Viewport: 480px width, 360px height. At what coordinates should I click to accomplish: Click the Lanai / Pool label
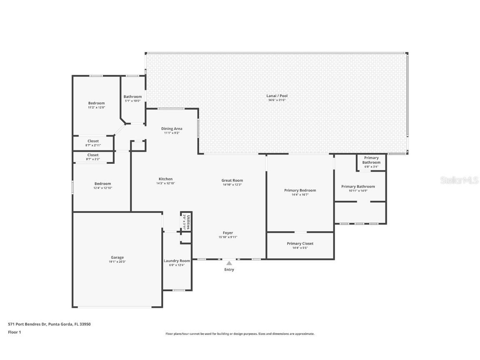pyautogui.click(x=277, y=96)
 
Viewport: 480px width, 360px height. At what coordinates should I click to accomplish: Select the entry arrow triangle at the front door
pyautogui.click(x=229, y=263)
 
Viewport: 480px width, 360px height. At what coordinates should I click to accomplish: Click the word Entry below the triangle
pyautogui.click(x=229, y=270)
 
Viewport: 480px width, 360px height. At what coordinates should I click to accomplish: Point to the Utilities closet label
pyautogui.click(x=188, y=222)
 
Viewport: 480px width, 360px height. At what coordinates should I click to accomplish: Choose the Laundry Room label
pyautogui.click(x=177, y=261)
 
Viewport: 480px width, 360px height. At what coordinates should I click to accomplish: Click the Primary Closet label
pyautogui.click(x=300, y=244)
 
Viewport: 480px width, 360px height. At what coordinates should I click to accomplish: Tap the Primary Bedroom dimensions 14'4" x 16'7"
pyautogui.click(x=300, y=195)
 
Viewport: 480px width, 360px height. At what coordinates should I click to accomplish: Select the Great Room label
pyautogui.click(x=232, y=180)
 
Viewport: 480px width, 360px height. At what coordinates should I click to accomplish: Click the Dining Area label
pyautogui.click(x=172, y=129)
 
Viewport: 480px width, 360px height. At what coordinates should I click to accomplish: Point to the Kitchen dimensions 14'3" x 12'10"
pyautogui.click(x=165, y=183)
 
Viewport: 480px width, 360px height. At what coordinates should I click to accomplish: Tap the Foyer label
pyautogui.click(x=228, y=233)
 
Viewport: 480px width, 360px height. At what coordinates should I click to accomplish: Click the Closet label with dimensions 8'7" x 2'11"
pyautogui.click(x=93, y=141)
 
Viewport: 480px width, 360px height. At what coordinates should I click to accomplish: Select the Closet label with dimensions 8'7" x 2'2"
pyautogui.click(x=93, y=155)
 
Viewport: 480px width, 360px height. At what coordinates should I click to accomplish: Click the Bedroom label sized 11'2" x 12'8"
pyautogui.click(x=96, y=103)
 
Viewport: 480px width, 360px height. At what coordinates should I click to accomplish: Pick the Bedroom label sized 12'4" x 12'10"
pyautogui.click(x=102, y=184)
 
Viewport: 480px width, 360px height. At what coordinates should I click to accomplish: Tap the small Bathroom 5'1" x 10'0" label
pyautogui.click(x=132, y=97)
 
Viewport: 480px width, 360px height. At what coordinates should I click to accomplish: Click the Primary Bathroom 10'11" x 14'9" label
pyautogui.click(x=358, y=187)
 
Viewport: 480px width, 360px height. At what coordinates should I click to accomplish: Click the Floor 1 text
pyautogui.click(x=15, y=332)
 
